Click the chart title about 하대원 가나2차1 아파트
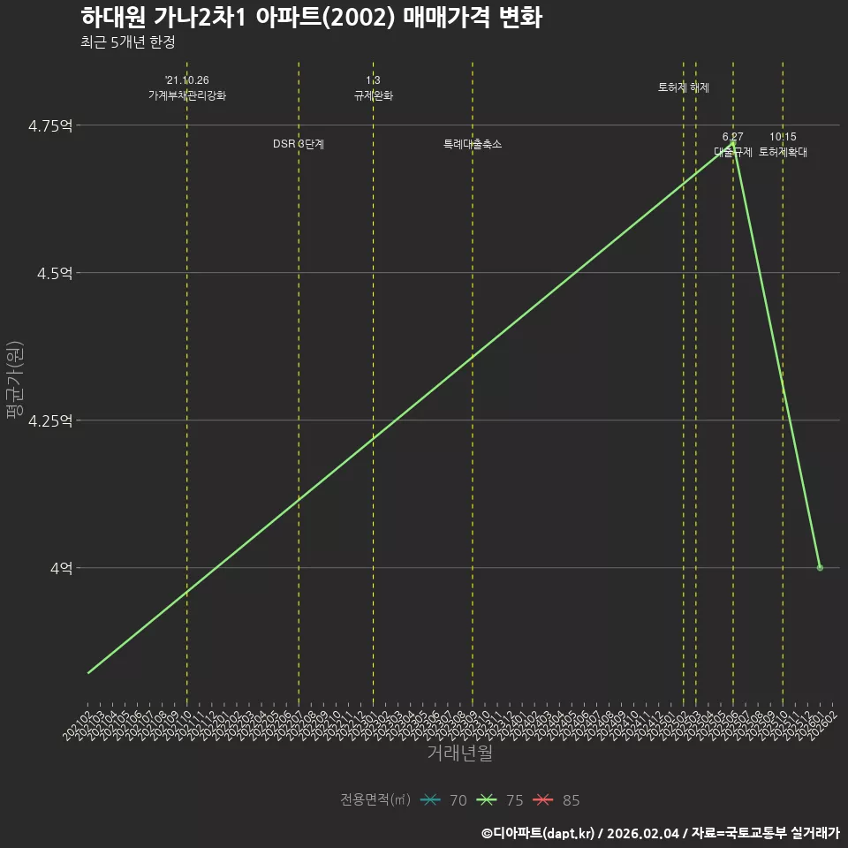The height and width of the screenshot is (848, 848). (311, 18)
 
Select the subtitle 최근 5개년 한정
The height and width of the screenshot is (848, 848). (127, 42)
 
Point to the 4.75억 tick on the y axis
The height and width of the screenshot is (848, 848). (50, 125)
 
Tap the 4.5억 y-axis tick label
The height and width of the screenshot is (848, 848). (54, 273)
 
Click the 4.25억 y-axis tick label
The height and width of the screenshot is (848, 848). (50, 420)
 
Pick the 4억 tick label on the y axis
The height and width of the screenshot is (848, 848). (60, 568)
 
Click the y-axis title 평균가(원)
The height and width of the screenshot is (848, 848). (15, 382)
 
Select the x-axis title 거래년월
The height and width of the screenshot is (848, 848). (459, 753)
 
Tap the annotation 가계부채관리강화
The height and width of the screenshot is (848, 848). (187, 95)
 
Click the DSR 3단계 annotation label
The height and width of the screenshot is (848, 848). (299, 144)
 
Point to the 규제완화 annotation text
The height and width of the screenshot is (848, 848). (373, 95)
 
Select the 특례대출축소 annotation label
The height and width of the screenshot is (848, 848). (473, 144)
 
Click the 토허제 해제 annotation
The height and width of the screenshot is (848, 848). (684, 87)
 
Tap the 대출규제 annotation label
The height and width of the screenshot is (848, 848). (733, 152)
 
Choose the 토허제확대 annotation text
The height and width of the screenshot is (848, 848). (783, 152)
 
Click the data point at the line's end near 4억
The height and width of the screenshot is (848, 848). (820, 568)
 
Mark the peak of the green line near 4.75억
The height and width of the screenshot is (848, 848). (732, 141)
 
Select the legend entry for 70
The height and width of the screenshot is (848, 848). (444, 800)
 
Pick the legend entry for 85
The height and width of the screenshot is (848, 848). (557, 800)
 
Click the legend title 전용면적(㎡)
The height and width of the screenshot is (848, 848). (375, 800)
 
